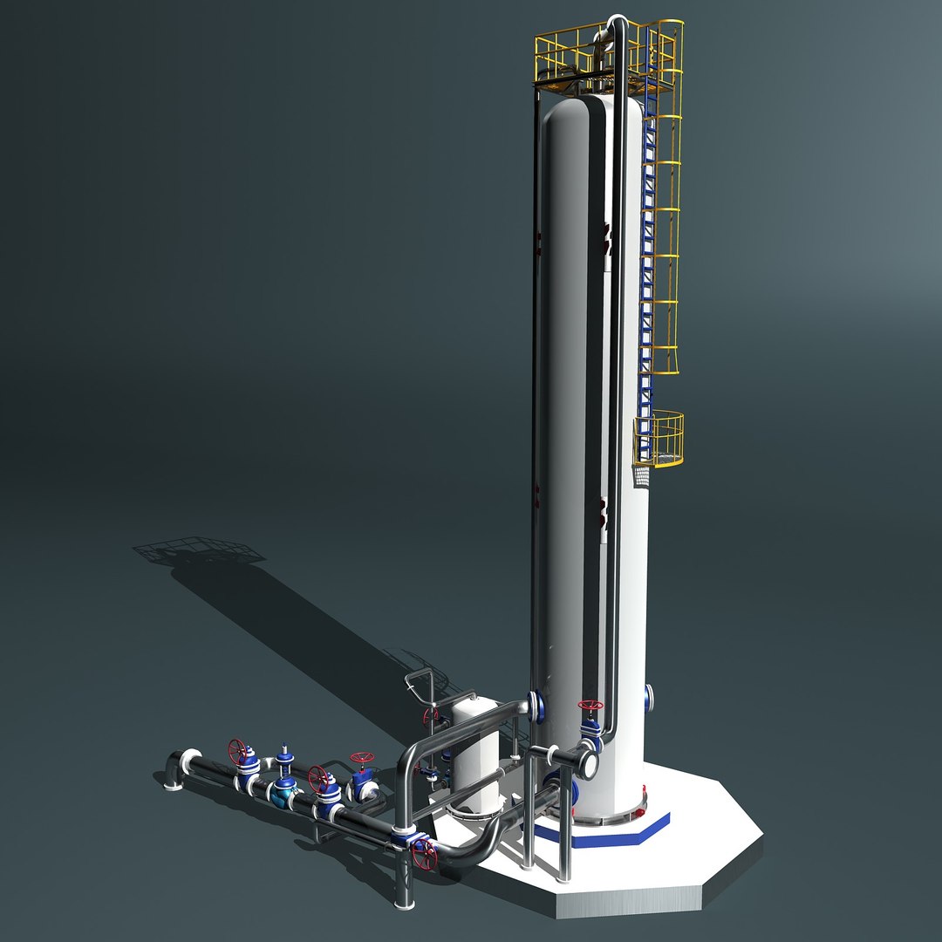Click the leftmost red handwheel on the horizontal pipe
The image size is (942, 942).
(237, 749)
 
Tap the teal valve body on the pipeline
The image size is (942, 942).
(283, 791)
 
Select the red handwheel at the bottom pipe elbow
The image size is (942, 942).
(425, 855)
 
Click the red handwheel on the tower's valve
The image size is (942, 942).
(590, 705)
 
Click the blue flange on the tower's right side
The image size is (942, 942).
(649, 695)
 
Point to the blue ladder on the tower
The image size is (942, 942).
(646, 288)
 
